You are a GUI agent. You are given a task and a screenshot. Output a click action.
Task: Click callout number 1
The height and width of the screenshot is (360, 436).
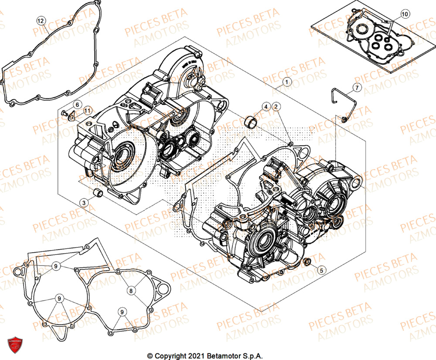[x=286, y=81]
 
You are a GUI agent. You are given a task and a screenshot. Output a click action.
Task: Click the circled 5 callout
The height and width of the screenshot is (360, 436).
[x=321, y=270]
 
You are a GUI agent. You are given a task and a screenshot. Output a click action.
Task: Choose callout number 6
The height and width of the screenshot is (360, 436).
[x=76, y=105]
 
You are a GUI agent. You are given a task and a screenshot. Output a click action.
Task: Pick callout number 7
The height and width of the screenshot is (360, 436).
[x=356, y=88]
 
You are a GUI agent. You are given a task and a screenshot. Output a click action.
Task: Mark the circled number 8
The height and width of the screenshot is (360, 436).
[x=130, y=290]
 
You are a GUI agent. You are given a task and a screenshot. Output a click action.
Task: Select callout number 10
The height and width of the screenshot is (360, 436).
[x=404, y=14]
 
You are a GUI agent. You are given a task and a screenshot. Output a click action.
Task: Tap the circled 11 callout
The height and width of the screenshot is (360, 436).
[x=87, y=111]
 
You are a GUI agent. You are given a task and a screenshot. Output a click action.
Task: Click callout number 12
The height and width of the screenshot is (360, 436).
[x=41, y=21]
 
